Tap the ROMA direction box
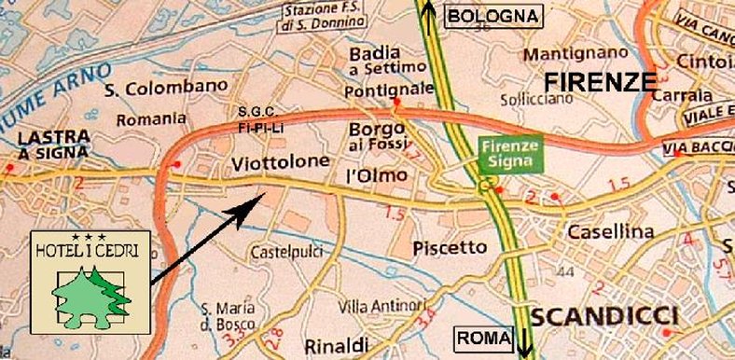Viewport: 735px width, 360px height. point(483,337)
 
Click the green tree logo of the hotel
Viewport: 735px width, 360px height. point(90,290)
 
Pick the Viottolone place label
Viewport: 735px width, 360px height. point(280,162)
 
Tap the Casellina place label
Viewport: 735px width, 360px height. point(604,230)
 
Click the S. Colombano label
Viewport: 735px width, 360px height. point(166,89)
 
